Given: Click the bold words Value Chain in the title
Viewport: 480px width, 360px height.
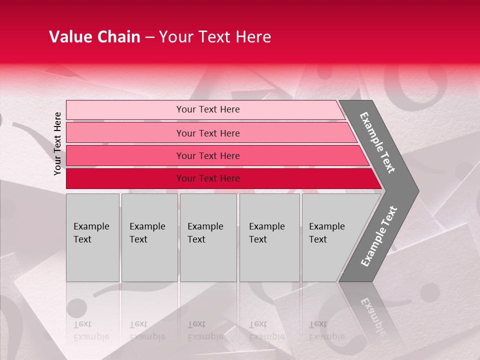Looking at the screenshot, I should (x=94, y=37).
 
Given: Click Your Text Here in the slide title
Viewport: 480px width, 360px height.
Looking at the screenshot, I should (x=215, y=37).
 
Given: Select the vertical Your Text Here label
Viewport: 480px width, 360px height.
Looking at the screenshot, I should (x=58, y=143).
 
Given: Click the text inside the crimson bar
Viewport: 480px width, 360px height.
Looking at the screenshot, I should (x=208, y=178).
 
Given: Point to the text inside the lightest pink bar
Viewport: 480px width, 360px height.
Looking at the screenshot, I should (x=208, y=109).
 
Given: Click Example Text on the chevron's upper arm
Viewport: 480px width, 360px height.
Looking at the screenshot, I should (x=377, y=142).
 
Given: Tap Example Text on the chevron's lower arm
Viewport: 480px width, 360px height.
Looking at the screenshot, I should (x=378, y=236).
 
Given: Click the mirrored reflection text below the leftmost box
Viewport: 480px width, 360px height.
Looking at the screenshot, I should (x=91, y=330).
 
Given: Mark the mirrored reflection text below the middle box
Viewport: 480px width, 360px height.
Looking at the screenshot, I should (x=205, y=330).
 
